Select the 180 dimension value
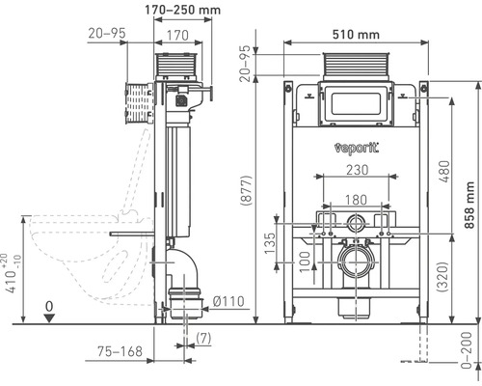coord(356,202)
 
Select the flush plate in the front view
coord(356,103)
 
